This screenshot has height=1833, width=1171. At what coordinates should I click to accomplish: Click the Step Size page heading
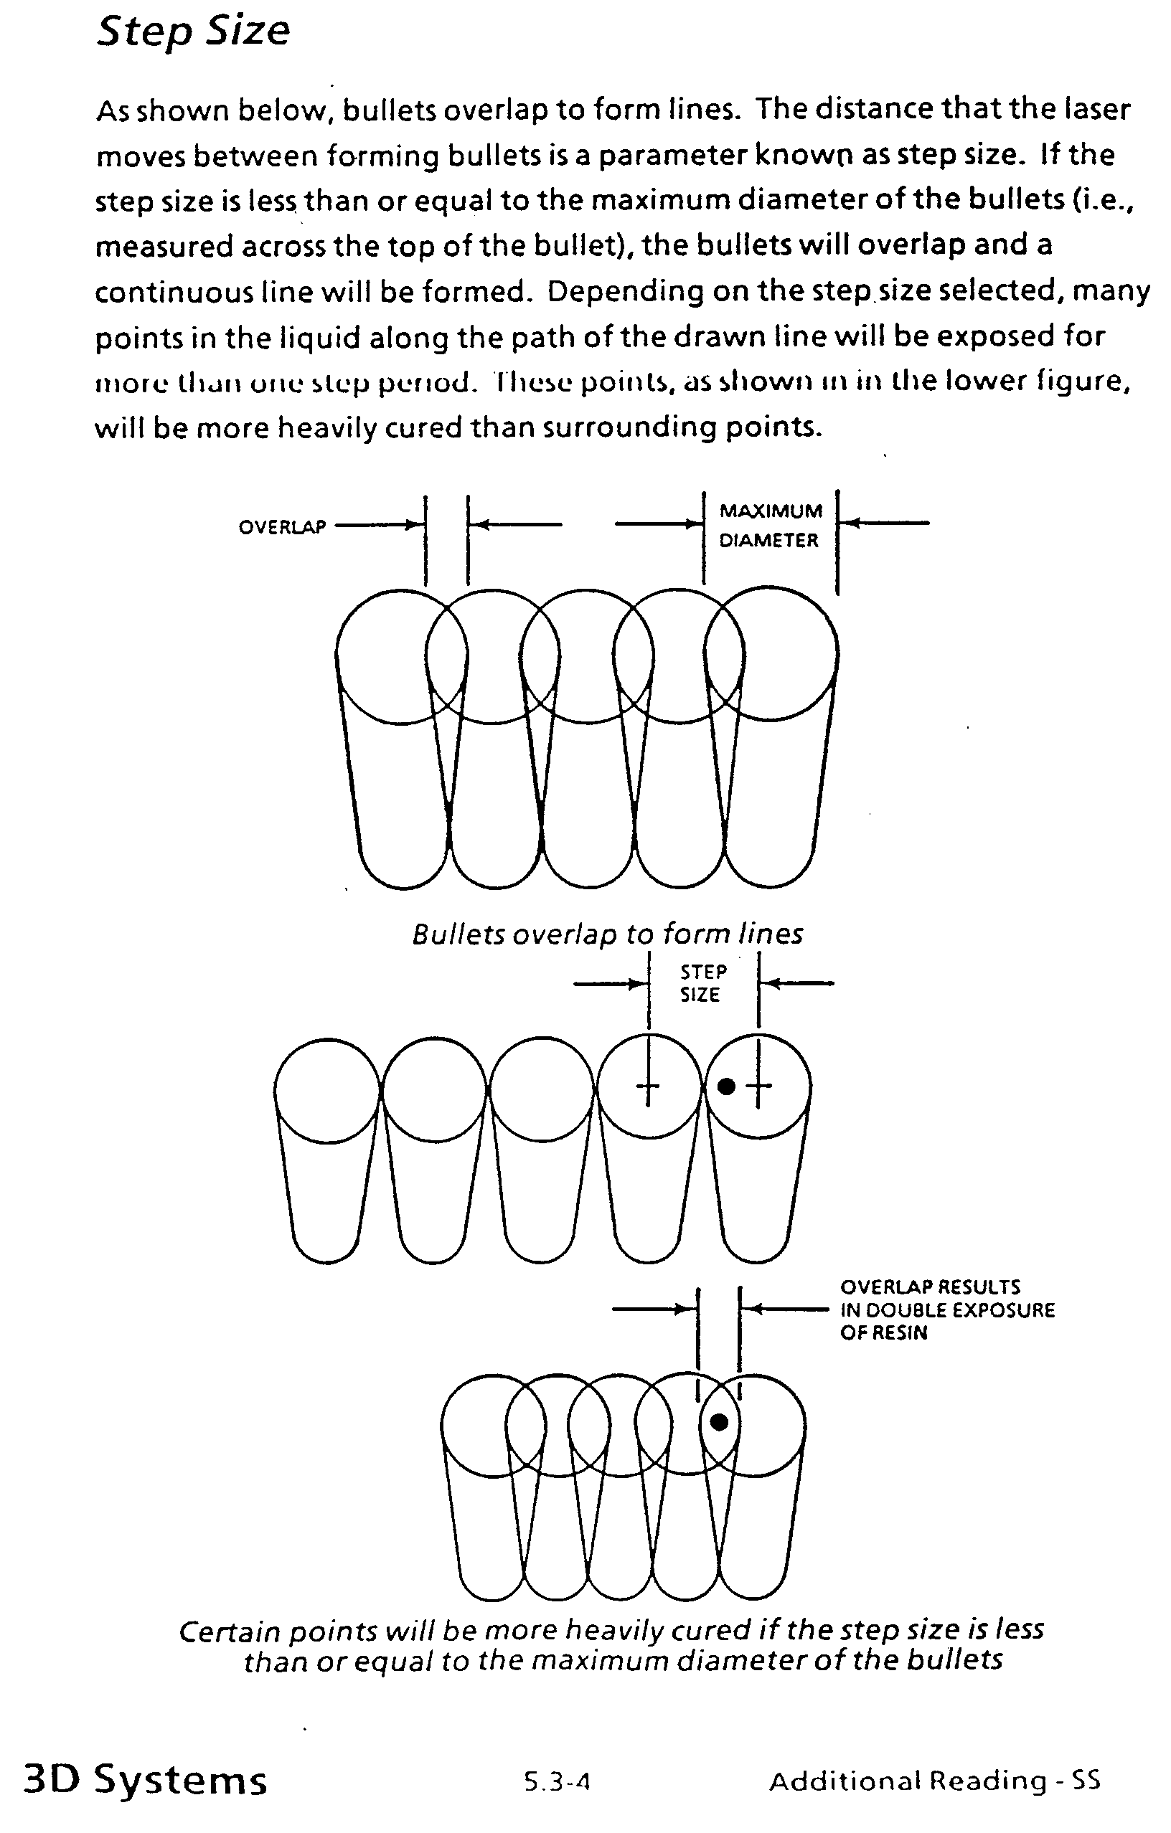point(194,32)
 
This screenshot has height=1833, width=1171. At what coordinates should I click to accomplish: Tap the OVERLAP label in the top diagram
point(282,527)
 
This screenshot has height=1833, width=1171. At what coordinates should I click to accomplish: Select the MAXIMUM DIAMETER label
point(770,525)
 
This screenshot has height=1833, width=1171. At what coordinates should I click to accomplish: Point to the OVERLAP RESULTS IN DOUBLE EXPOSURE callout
point(946,1309)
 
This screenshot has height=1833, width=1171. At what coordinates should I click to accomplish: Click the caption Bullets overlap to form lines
point(608,934)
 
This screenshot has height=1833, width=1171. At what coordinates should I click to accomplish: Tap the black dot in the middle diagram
point(726,1086)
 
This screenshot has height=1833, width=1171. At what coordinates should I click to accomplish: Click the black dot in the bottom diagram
point(719,1422)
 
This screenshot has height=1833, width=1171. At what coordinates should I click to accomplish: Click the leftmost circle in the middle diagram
point(326,1090)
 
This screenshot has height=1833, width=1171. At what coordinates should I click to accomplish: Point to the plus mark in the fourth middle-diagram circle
point(648,1085)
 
